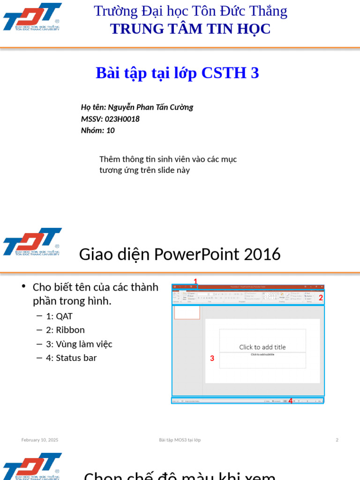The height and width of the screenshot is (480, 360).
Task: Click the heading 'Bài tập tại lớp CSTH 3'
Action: point(177,73)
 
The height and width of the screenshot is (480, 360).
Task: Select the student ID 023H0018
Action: point(122,119)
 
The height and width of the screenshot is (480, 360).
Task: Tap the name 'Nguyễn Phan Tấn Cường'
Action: point(150,107)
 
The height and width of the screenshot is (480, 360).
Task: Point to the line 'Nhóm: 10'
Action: point(97,131)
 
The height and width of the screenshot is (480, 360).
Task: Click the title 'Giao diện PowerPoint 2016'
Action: point(180,254)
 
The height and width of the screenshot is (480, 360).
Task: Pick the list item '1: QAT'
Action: point(59,316)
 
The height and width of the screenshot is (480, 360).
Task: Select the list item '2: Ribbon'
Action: point(65,330)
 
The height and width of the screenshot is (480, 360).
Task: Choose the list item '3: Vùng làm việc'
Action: point(79,344)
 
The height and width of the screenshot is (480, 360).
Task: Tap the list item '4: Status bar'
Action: point(71,358)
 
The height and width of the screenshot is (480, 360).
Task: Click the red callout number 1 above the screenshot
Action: point(195,281)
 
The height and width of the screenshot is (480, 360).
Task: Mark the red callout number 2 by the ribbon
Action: point(321,297)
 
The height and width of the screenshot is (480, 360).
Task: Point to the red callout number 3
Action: point(212,359)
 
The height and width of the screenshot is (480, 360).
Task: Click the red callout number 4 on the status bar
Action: point(291,401)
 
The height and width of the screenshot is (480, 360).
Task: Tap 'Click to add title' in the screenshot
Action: point(262,347)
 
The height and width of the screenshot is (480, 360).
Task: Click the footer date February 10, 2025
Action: point(40,440)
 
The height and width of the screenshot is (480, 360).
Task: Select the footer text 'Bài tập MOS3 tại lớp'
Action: point(180,440)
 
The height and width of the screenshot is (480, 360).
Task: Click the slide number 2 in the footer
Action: point(337,440)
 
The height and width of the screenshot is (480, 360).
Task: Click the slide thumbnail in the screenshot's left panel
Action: point(187,313)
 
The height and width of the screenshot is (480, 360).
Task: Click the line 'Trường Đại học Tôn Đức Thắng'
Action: point(190,11)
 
